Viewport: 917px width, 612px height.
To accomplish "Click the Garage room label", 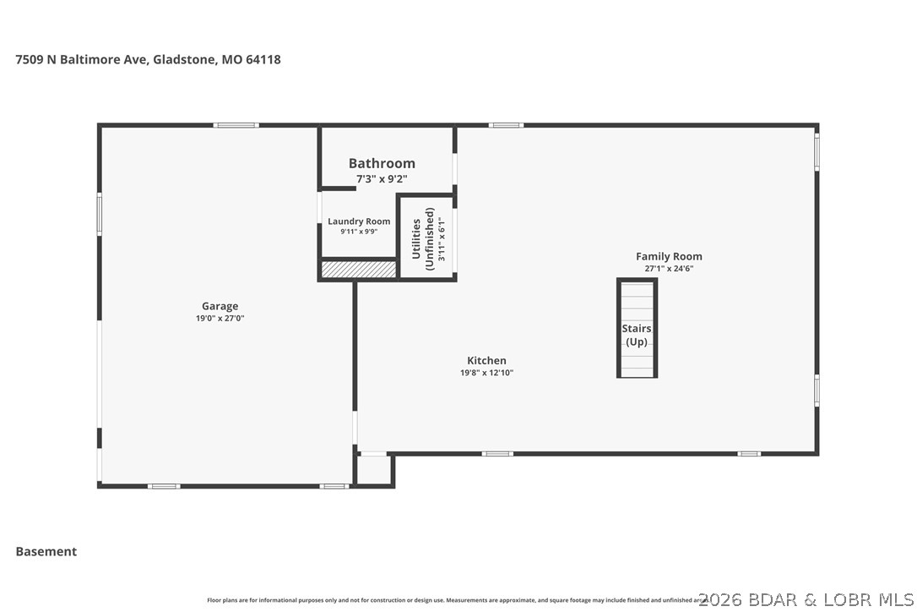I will (220, 306).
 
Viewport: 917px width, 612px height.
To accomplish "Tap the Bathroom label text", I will (382, 163).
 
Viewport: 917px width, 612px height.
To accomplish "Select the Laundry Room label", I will (359, 221).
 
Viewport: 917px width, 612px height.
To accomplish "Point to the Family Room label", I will (669, 256).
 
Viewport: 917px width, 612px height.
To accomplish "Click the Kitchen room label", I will (486, 360).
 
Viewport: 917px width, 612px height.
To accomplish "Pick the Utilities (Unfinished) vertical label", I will (423, 238).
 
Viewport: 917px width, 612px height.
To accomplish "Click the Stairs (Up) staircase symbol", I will (637, 330).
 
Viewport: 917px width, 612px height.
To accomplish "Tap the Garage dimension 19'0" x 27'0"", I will (220, 319).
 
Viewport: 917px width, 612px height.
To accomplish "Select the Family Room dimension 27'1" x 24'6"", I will (669, 269).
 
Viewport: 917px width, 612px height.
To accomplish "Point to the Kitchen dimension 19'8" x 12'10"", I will (486, 373).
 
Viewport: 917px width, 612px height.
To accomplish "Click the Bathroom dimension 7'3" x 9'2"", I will (382, 179).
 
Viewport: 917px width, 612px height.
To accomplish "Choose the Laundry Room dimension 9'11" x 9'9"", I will (359, 232).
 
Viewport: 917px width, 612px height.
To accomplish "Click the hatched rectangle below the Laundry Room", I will (358, 269).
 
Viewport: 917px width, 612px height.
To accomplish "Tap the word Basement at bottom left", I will (46, 551).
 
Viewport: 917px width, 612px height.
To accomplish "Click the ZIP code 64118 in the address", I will (263, 60).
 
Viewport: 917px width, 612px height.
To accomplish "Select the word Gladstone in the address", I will (183, 60).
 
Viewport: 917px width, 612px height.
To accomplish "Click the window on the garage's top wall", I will (236, 125).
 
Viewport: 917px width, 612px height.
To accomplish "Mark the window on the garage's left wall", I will (99, 213).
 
